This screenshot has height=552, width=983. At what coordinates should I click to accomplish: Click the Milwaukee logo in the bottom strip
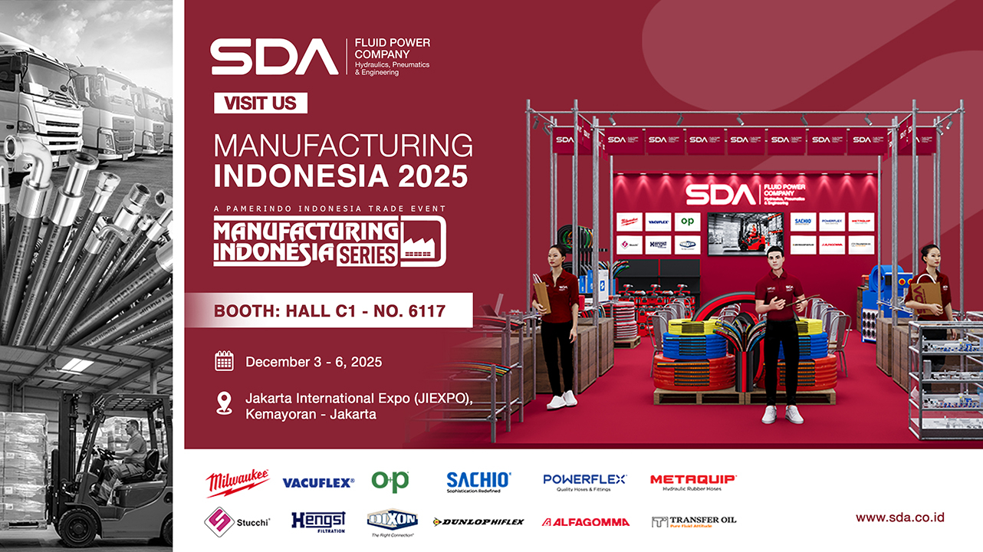pyautogui.click(x=237, y=482)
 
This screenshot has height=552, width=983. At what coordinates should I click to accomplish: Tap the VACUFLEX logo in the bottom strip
pyautogui.click(x=318, y=483)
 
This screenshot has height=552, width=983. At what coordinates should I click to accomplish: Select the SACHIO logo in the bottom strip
pyautogui.click(x=478, y=481)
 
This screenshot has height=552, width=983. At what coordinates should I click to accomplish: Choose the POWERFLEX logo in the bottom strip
pyautogui.click(x=584, y=481)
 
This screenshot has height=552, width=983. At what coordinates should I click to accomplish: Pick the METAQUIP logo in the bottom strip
pyautogui.click(x=693, y=481)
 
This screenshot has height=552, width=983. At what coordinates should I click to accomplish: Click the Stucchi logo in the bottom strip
pyautogui.click(x=235, y=522)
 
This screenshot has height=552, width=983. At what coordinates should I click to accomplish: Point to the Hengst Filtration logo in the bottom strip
pyautogui.click(x=318, y=522)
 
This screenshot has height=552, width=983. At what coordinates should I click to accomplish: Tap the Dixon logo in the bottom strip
pyautogui.click(x=391, y=522)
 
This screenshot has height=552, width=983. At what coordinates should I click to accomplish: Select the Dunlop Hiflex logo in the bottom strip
pyautogui.click(x=478, y=522)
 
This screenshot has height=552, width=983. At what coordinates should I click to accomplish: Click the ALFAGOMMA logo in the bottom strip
pyautogui.click(x=586, y=522)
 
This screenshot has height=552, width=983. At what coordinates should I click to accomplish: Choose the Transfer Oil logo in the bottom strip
pyautogui.click(x=694, y=521)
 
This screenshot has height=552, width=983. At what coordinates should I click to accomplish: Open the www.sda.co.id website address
pyautogui.click(x=899, y=517)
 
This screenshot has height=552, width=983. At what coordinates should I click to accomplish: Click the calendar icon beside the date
pyautogui.click(x=224, y=361)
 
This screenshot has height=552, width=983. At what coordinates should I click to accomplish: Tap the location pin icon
pyautogui.click(x=224, y=404)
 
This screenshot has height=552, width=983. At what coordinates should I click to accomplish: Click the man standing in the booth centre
pyautogui.click(x=779, y=337)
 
